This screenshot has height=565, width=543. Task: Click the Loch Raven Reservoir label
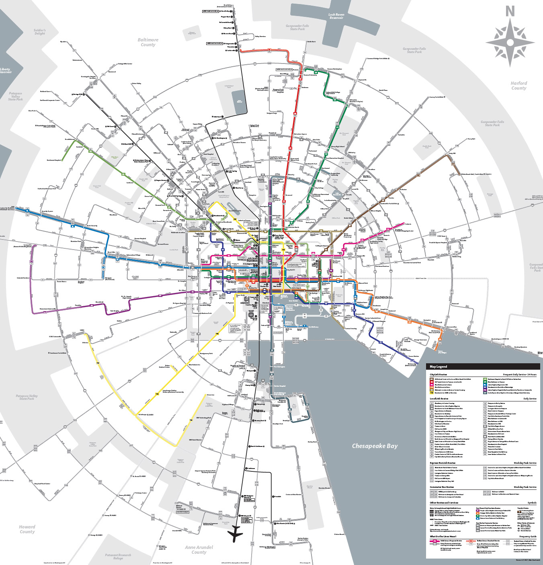point(336,16)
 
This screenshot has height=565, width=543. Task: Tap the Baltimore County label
point(148,42)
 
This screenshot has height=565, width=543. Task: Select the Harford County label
point(518,86)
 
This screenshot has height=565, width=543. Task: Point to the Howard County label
point(27,529)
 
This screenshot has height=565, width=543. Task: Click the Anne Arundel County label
point(199,550)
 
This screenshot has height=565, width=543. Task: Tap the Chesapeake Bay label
point(375,446)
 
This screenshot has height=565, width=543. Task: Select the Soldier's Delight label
point(40,32)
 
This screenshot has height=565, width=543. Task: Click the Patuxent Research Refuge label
point(118,557)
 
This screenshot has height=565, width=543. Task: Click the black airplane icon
point(235,534)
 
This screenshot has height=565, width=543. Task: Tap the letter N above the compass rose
point(510,11)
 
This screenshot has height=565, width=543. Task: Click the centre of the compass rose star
point(510,42)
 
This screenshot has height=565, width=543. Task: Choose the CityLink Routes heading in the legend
point(438,375)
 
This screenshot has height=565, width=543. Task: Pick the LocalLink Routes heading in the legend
point(440,399)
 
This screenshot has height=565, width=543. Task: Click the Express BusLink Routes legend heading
point(443,463)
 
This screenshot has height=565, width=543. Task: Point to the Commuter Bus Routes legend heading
point(442,487)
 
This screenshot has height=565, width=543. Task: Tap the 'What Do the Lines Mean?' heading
point(443,536)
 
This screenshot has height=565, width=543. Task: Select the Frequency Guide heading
point(528,536)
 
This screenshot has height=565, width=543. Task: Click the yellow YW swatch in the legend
point(432,393)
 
